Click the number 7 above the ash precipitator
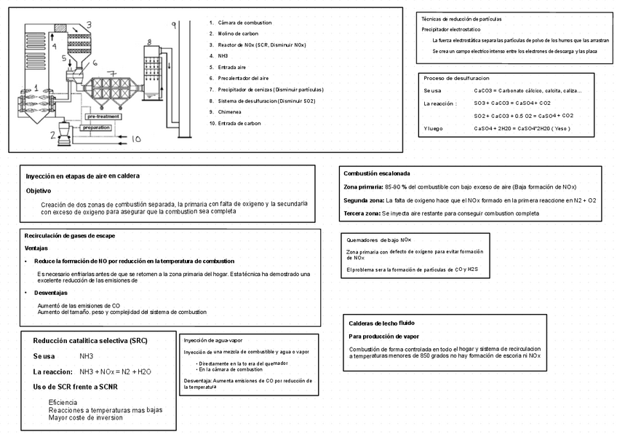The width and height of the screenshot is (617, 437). [111, 74]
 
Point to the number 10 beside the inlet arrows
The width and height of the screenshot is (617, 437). [137, 138]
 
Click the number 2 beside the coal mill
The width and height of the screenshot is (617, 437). [53, 135]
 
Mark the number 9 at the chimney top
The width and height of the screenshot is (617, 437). [173, 25]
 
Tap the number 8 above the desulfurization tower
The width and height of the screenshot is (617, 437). [148, 43]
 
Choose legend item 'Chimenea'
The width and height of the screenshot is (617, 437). [229, 112]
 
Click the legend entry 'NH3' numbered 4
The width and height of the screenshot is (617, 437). [223, 56]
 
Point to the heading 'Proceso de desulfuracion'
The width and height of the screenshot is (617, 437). [456, 78]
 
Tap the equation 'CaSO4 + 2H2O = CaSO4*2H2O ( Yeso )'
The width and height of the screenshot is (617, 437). [522, 129]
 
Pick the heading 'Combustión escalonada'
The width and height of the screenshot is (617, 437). [377, 174]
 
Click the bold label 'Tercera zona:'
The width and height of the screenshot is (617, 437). [362, 213]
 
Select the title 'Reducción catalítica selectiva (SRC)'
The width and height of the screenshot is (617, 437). [84, 341]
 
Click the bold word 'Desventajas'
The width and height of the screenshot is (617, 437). [50, 292]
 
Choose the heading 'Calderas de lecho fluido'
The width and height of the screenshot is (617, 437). [381, 323]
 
